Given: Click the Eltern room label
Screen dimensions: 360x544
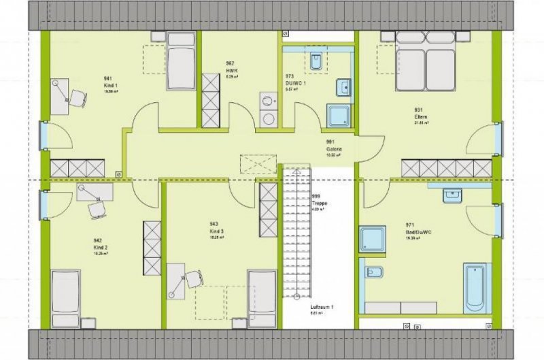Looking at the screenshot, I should [x=420, y=118].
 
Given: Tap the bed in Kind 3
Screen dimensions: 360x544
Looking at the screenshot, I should [x=262, y=298].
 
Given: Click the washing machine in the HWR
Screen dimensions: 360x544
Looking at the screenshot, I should [x=269, y=103].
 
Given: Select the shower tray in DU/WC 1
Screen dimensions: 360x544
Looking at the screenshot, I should [x=337, y=116].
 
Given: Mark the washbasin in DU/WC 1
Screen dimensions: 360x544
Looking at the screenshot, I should [x=343, y=87].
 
